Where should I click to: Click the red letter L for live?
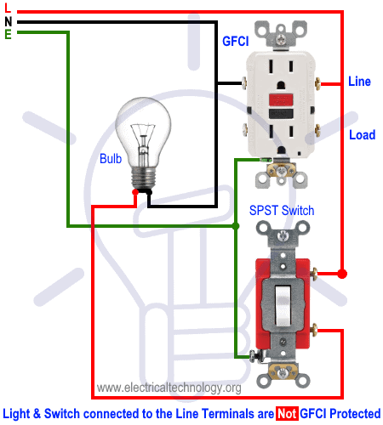[x=8, y=8]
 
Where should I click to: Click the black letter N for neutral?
[x=9, y=21]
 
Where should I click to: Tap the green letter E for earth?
[x=8, y=34]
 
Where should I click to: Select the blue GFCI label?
[x=236, y=42]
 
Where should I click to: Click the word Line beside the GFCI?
[x=359, y=82]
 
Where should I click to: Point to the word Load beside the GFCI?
[x=363, y=135]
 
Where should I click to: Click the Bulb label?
[x=111, y=159]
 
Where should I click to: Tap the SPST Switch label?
[x=282, y=211]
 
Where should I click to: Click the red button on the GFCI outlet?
[x=281, y=99]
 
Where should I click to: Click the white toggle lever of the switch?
[x=283, y=305]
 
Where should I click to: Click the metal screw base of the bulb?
[x=144, y=178]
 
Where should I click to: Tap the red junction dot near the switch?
[x=342, y=274]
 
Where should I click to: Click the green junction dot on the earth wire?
[x=236, y=226]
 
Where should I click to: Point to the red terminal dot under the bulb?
[x=135, y=192]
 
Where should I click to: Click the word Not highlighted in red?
[x=287, y=414]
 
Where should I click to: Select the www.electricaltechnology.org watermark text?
[x=169, y=388]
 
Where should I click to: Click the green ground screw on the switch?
[x=253, y=355]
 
